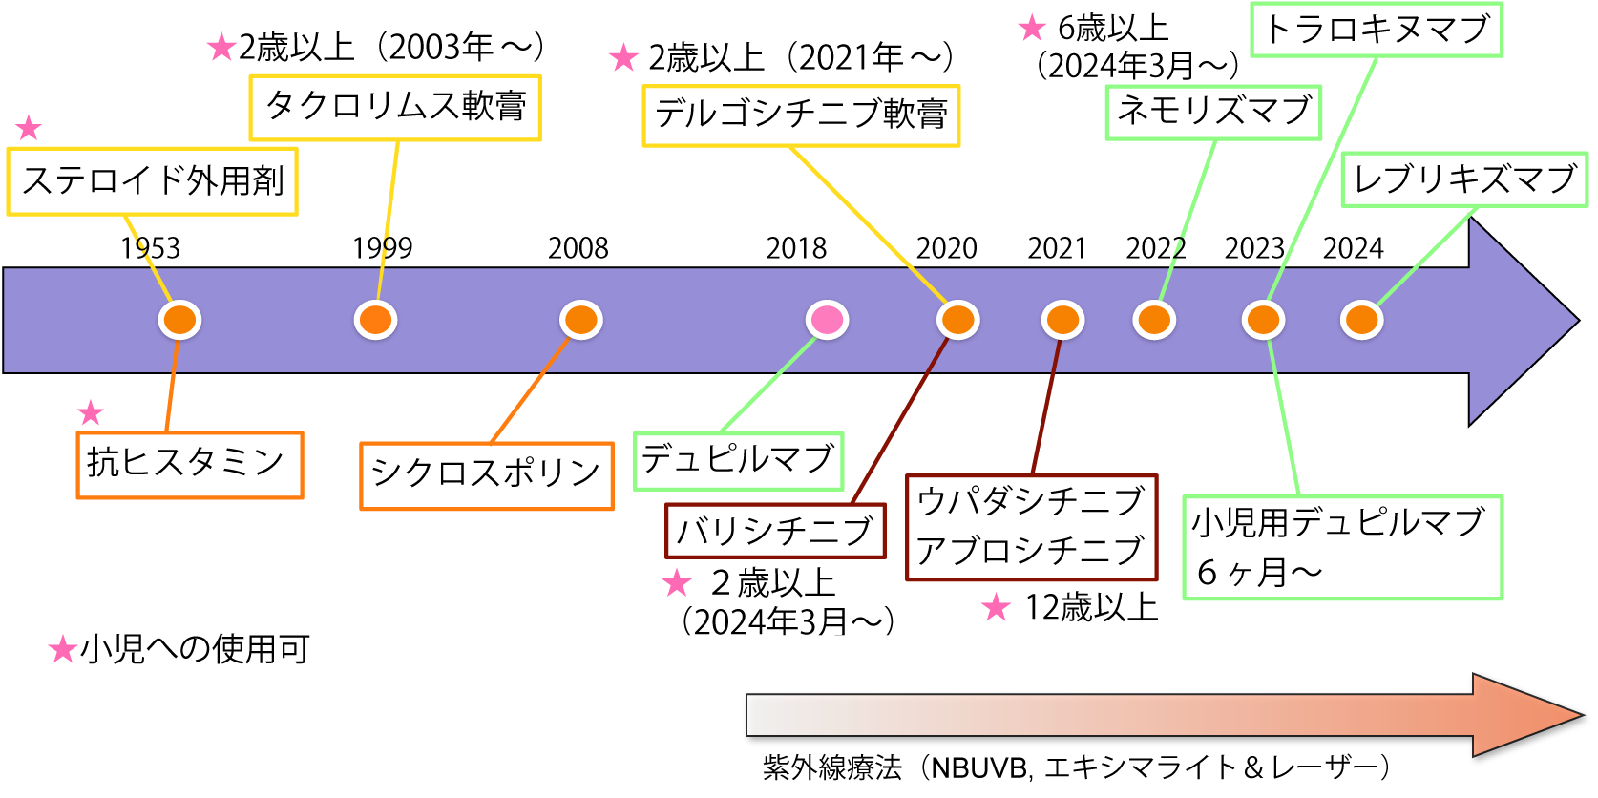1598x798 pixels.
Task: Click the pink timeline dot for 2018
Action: click(827, 320)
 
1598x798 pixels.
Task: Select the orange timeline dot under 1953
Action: click(179, 320)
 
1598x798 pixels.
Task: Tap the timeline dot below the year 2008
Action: click(580, 320)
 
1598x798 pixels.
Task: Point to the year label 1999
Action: click(382, 248)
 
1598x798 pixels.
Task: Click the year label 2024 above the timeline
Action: click(1353, 248)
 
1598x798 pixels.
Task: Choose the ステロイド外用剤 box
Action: click(153, 180)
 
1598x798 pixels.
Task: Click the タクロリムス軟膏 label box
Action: click(395, 108)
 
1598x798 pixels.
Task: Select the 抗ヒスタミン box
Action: click(189, 465)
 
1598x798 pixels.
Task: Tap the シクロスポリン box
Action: click(486, 475)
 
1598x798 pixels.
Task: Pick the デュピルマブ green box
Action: click(738, 461)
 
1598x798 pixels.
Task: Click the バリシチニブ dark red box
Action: click(775, 531)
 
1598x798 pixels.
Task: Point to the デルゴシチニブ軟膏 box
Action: click(801, 115)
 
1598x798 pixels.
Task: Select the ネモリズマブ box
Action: click(1213, 112)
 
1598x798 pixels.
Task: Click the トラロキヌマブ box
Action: click(1377, 30)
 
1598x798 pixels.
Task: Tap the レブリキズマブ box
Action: click(1464, 179)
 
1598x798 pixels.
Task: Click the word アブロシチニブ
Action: click(1030, 551)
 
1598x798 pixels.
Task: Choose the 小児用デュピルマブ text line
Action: click(1338, 522)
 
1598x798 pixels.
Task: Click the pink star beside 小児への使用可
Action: click(63, 650)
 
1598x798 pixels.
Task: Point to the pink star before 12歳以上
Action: click(996, 607)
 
